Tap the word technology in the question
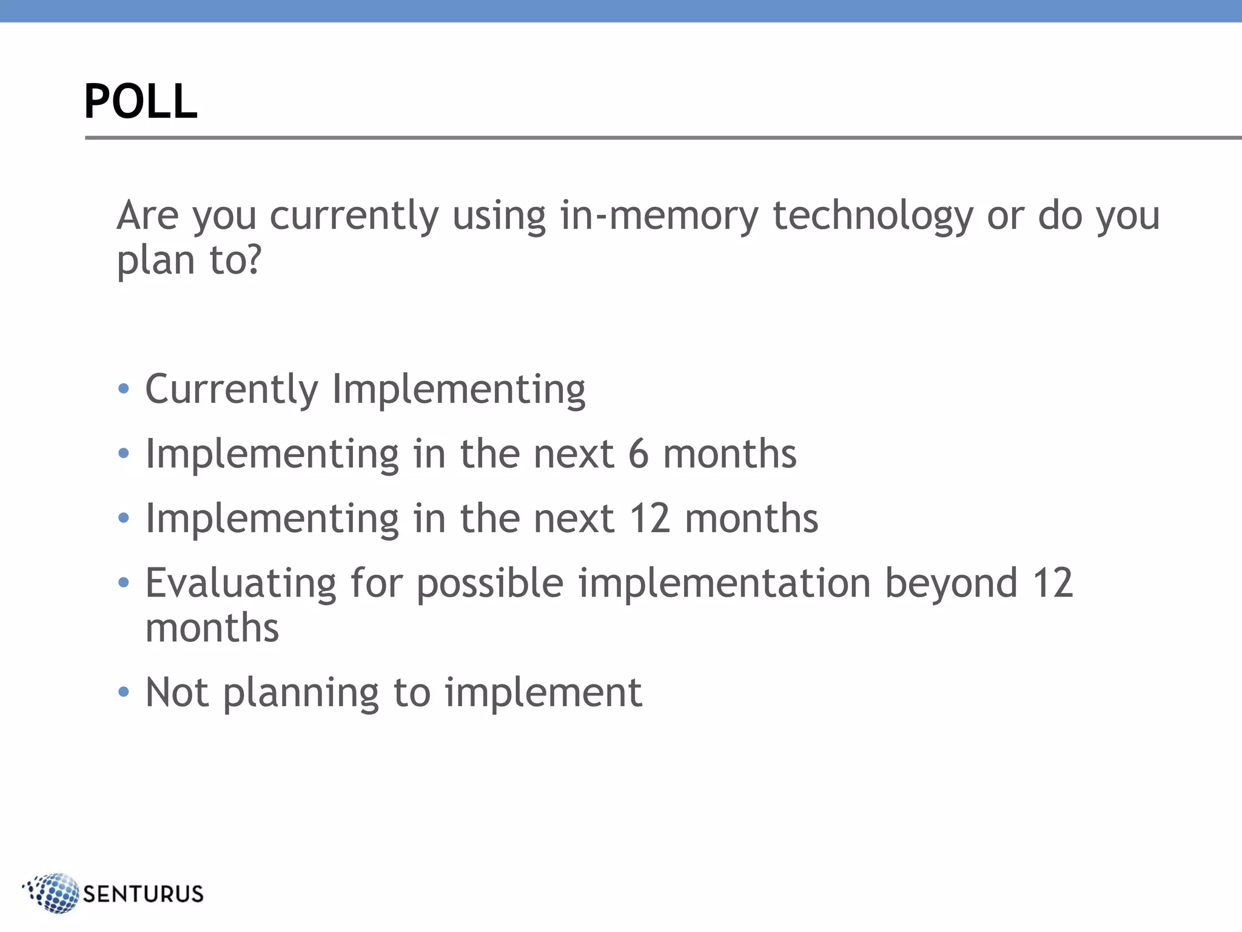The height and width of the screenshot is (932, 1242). (x=873, y=217)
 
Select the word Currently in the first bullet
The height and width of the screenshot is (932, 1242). (x=232, y=390)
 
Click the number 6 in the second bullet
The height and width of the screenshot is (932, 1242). (x=638, y=454)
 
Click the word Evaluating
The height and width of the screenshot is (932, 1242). (x=241, y=584)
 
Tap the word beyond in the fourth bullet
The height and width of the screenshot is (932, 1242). (x=951, y=584)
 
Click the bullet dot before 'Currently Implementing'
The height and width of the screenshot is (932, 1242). (x=124, y=388)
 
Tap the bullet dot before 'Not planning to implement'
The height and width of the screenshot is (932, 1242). (x=124, y=692)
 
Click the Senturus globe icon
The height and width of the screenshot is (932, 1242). (x=53, y=893)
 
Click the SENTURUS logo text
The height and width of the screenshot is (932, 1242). (x=143, y=894)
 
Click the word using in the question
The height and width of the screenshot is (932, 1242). (x=498, y=217)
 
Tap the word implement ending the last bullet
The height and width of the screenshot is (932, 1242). (x=543, y=694)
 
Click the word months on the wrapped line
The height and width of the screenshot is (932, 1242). (x=212, y=628)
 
